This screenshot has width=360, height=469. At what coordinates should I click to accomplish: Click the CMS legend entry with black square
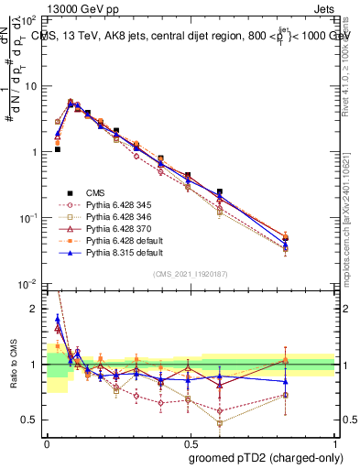point(95,192)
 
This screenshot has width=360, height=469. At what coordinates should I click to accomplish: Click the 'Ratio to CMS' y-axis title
point(13,365)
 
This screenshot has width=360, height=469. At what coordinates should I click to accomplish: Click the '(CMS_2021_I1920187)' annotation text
point(191,273)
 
